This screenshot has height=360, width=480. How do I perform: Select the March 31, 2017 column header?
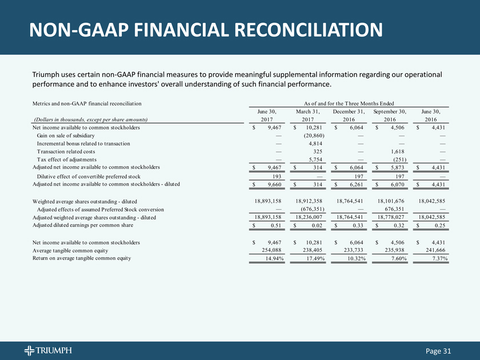click(311, 115)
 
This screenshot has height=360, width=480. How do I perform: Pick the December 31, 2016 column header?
click(349, 115)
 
